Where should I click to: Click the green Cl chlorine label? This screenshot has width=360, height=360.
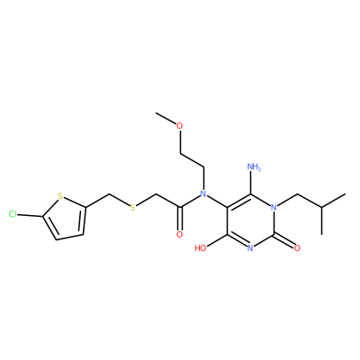pyautogui.click(x=13, y=214)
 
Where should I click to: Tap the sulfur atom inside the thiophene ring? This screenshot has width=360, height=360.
pyautogui.click(x=60, y=196)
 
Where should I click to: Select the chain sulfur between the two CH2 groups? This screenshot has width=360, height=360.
pyautogui.click(x=132, y=207)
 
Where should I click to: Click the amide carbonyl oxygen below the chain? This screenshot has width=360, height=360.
pyautogui.click(x=179, y=234)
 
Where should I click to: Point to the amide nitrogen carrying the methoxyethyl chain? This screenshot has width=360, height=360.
pyautogui.click(x=203, y=193)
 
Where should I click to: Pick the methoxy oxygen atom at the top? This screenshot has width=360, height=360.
pyautogui.click(x=179, y=126)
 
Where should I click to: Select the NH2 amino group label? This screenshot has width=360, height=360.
pyautogui.click(x=255, y=166)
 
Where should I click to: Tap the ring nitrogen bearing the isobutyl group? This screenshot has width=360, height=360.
pyautogui.click(x=274, y=207)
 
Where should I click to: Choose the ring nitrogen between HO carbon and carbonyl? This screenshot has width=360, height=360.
pyautogui.click(x=250, y=247)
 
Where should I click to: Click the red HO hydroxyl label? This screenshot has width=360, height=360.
pyautogui.click(x=201, y=248)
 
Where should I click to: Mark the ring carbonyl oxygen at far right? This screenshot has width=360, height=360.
pyautogui.click(x=297, y=247)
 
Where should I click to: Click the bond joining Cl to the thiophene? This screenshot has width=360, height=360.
pyautogui.click(x=30, y=215)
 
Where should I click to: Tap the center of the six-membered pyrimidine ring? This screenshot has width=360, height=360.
pyautogui.click(x=250, y=220)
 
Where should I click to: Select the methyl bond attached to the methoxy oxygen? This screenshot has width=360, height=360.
pyautogui.click(x=166, y=119)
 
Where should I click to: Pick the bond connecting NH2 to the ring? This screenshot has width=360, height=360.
pyautogui.click(x=251, y=184)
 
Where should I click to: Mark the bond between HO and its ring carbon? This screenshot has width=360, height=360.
pyautogui.click(x=218, y=240)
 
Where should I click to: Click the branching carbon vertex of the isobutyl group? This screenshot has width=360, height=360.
pyautogui.click(x=322, y=207)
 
